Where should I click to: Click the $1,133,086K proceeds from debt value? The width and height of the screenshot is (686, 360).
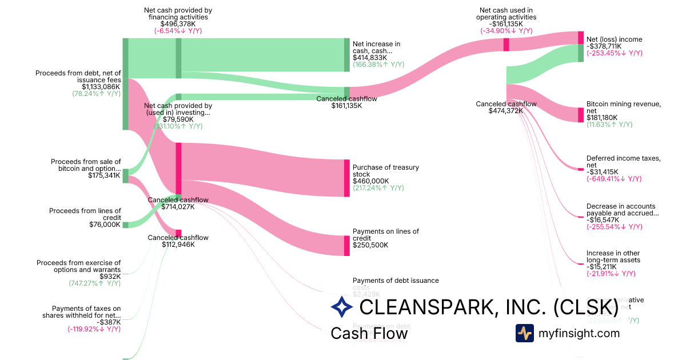coord(101,87)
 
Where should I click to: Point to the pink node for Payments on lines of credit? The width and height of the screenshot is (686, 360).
coord(346,246)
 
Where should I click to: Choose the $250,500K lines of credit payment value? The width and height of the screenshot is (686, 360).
coord(370,245)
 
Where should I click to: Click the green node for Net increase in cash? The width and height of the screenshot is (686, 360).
coord(346,55)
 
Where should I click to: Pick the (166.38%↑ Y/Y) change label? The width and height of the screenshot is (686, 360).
coord(378,65)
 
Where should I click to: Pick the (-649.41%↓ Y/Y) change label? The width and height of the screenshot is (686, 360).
coord(614,179)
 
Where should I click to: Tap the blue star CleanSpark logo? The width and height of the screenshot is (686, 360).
coord(342,307)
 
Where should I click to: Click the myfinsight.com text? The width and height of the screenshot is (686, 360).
coord(579,333)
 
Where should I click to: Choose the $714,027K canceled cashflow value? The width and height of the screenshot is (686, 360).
coord(178,207)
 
